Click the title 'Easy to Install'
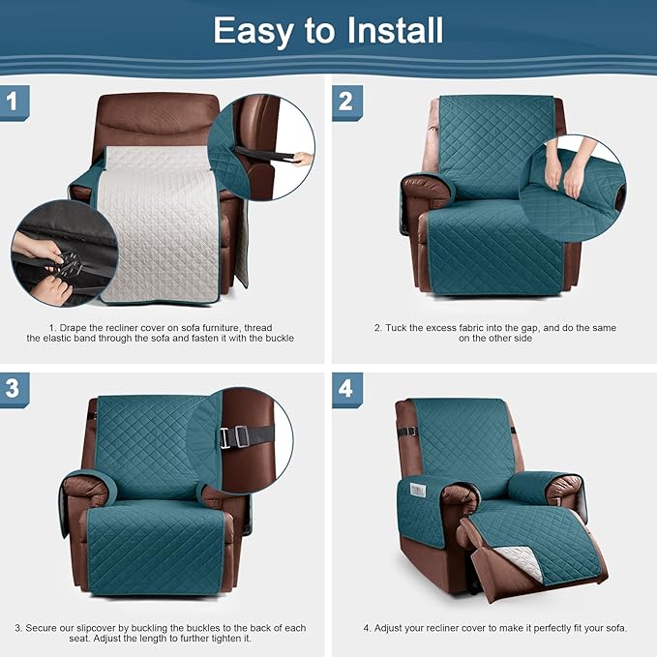pyautogui.click(x=328, y=30)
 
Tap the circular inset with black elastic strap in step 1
pyautogui.click(x=263, y=148)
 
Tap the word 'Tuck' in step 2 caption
pyautogui.click(x=396, y=327)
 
